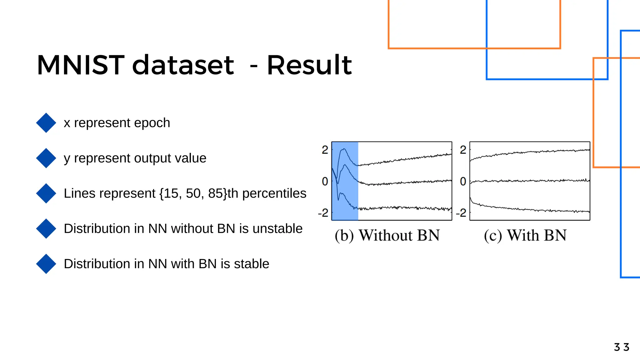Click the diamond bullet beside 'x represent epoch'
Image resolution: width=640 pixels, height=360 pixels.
pyautogui.click(x=46, y=123)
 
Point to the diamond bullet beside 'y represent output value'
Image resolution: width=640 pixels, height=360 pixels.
pyautogui.click(x=46, y=158)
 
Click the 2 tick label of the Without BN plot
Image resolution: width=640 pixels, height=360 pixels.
pyautogui.click(x=325, y=150)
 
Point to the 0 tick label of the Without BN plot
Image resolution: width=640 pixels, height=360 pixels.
pyautogui.click(x=325, y=181)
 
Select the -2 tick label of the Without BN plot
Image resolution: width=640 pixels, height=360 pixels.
pyautogui.click(x=323, y=213)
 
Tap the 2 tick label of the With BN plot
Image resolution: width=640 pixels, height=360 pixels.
pyautogui.click(x=463, y=150)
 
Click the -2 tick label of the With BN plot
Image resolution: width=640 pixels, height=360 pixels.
pyautogui.click(x=461, y=213)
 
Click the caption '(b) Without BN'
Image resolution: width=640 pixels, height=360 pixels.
pyautogui.click(x=387, y=235)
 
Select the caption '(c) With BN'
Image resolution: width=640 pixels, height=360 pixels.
pyautogui.click(x=525, y=235)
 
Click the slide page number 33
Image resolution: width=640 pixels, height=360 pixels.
pyautogui.click(x=622, y=347)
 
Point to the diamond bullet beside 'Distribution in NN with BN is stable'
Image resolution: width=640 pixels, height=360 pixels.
pyautogui.click(x=46, y=264)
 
